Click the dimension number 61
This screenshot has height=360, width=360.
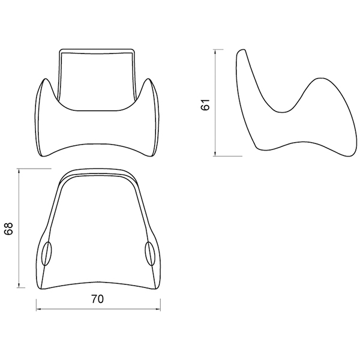205,104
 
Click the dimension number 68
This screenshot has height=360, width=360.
8,229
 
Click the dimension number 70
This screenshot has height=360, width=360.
98,299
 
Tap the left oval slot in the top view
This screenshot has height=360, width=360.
47,253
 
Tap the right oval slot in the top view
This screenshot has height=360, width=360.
150,253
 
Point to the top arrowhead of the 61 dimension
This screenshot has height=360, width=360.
215,52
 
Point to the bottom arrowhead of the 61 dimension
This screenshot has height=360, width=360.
215,154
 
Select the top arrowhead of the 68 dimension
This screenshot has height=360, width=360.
19,172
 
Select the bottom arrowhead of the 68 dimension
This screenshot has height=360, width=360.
19,284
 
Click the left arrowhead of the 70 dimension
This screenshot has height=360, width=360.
39,309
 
